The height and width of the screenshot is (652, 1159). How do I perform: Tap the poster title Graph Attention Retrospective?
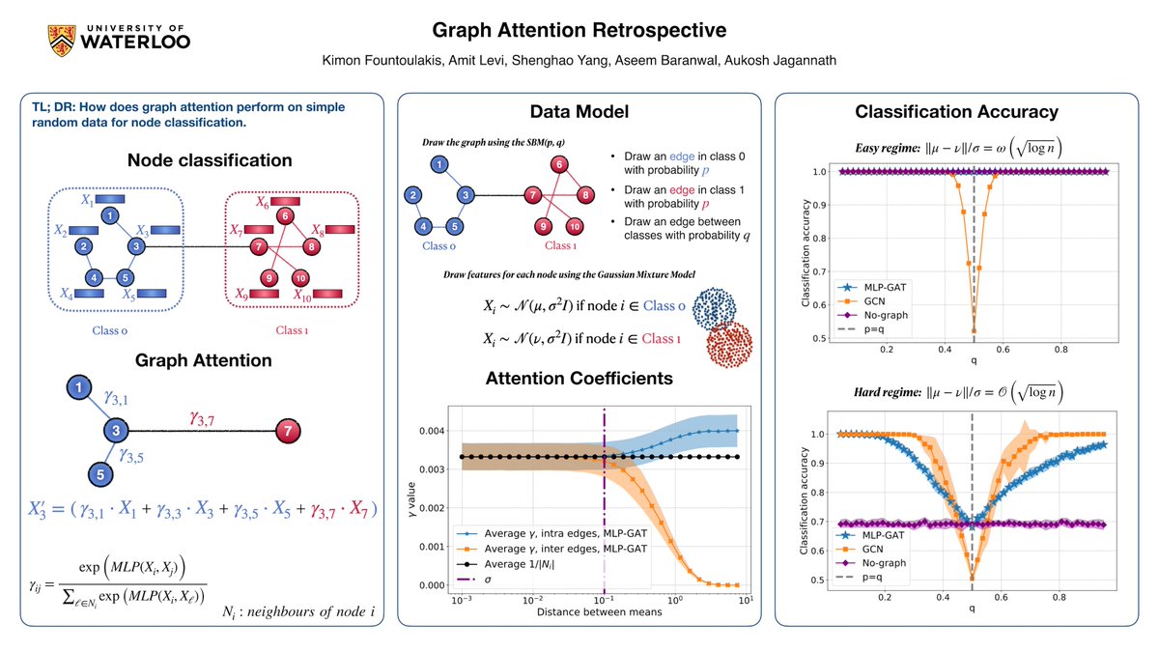tap(579, 29)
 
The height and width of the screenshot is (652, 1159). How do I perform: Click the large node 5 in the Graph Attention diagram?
tap(101, 472)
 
